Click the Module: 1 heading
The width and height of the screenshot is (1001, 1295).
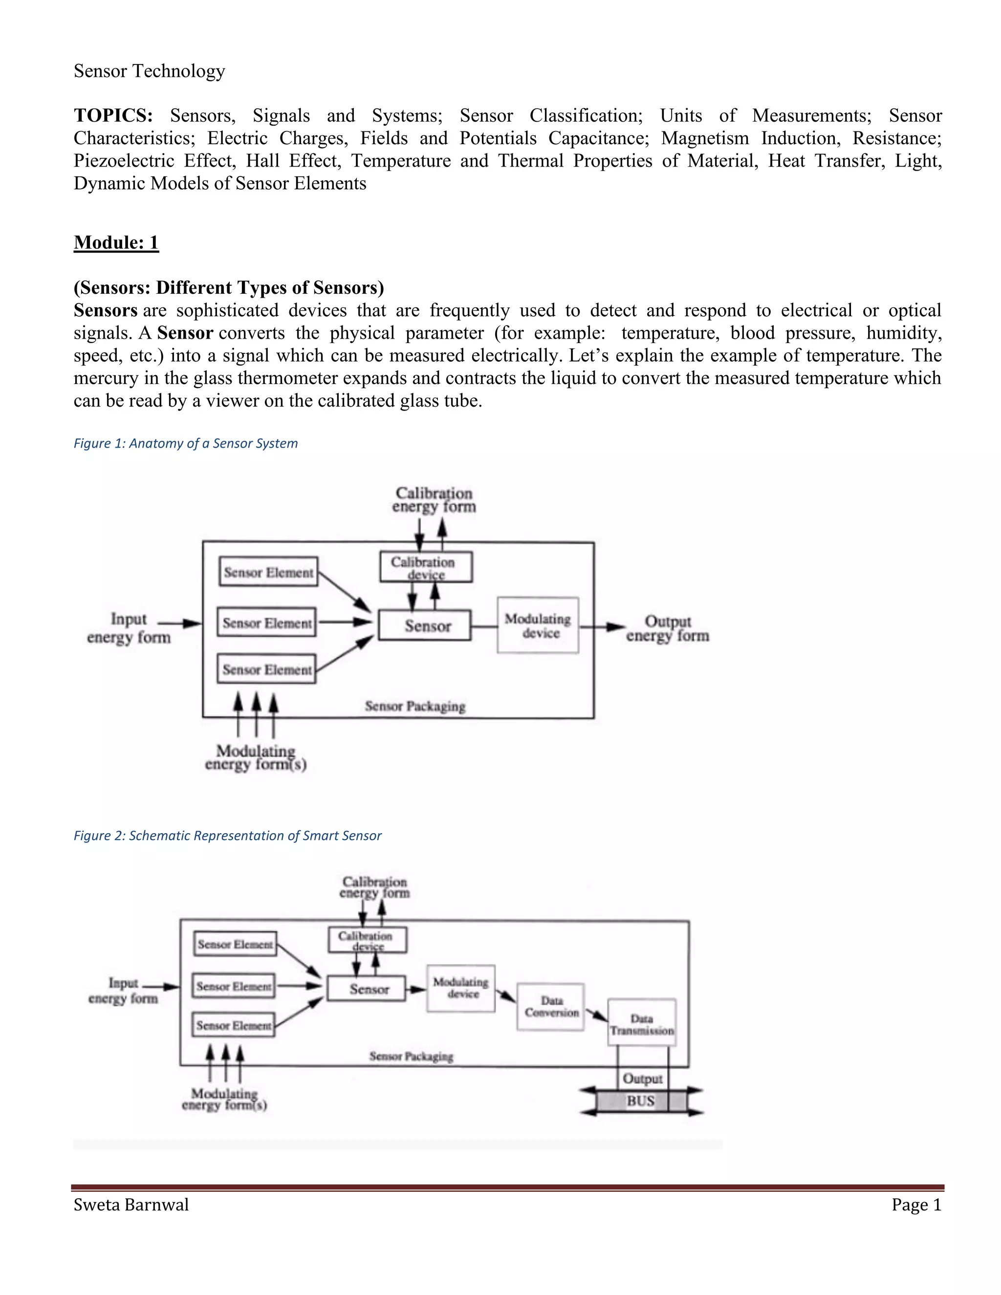coord(116,242)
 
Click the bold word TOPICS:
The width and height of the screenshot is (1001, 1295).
coord(113,116)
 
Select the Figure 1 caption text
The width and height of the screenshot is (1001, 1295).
coord(186,444)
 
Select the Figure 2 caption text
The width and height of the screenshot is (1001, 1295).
coord(227,836)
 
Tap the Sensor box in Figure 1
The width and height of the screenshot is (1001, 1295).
coord(425,626)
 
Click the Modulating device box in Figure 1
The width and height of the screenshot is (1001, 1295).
coord(538,626)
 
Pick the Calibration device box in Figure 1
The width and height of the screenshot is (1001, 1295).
coord(426,567)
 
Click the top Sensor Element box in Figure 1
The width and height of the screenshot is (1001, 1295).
coord(268,572)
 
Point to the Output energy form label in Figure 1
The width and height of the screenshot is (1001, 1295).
coord(667,628)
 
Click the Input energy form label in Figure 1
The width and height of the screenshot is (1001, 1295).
coord(129,628)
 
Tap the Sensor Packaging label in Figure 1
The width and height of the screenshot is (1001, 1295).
coord(415,706)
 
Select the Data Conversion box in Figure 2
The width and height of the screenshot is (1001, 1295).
coord(551,1007)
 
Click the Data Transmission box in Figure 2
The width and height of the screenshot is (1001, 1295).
coord(642,1024)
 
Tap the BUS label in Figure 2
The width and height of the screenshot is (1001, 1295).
coord(640,1101)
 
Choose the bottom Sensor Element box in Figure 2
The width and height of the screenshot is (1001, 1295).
coord(234,1025)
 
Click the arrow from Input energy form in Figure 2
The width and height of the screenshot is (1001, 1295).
coord(161,987)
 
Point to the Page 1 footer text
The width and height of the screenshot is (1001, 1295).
coord(916,1205)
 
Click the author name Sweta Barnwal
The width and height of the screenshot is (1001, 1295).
coord(131,1205)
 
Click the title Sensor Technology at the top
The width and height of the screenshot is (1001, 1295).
coord(150,71)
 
